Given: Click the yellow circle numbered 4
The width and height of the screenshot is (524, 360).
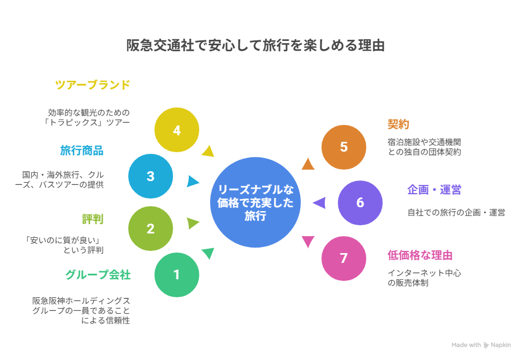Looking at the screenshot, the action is point(177,130).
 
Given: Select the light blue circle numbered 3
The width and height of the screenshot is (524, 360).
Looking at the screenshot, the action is point(151,176).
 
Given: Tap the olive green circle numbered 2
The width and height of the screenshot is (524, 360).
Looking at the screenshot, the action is point(151,229).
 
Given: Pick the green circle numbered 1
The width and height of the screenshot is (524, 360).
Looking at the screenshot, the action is point(177,275).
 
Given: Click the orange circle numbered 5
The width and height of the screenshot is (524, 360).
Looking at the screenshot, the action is point(344,147).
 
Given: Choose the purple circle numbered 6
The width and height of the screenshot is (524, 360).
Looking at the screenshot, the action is point(360,203).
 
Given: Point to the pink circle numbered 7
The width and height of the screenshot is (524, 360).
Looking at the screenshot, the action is point(344,259).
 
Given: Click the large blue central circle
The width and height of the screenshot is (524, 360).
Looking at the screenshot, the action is point(255,202).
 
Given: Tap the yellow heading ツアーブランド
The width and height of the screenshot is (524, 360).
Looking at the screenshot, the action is point(93,85).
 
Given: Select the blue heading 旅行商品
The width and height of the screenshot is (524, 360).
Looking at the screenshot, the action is point(82,151).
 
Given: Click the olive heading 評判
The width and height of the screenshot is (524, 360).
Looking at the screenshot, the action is point(93,219).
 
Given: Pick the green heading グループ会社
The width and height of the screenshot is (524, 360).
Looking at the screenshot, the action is point(98,274).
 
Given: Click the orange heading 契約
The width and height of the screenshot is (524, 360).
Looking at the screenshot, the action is point(398,124).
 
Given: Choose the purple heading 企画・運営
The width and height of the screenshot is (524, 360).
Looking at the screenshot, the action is point(434,190).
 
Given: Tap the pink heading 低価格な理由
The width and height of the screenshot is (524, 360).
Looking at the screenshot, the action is point(420,255).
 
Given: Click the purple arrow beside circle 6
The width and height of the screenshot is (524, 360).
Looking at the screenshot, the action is point(320,203).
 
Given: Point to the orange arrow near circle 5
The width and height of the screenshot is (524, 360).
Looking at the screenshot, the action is point(308,164).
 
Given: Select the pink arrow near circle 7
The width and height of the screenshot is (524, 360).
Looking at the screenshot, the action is point(308,241).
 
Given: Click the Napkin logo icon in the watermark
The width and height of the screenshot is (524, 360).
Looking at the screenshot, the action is point(486,345).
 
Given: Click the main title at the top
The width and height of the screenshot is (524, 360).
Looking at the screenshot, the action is point(255,45).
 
